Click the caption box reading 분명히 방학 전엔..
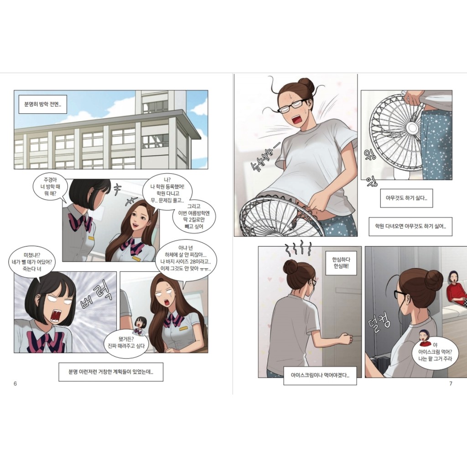point(43,104)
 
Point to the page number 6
point(15,384)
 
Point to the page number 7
point(451,384)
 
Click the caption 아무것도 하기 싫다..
point(406,198)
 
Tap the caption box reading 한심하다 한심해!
point(341,263)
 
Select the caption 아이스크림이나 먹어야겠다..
point(320,376)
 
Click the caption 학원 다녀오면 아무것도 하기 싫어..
point(410,226)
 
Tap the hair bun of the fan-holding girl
point(306,85)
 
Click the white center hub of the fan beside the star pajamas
point(413,128)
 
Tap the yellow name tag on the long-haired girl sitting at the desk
point(184,328)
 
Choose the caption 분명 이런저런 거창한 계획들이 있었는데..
point(111,372)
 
